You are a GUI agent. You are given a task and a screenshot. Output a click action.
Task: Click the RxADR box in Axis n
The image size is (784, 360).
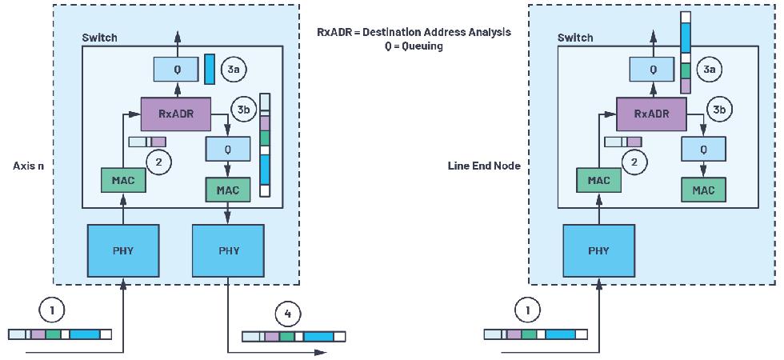177,114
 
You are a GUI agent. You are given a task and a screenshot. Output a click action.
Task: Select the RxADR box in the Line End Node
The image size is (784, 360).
651,114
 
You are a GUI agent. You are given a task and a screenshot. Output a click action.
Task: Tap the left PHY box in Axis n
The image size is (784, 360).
123,250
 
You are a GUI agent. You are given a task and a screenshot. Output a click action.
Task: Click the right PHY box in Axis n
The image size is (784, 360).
229,250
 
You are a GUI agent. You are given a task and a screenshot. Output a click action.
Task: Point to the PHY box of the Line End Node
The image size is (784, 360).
598,250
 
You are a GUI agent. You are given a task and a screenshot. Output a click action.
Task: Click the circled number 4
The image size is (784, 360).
286,310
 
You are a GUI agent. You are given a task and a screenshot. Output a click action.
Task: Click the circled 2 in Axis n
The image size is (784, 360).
158,162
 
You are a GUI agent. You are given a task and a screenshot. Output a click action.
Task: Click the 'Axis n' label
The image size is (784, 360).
28,166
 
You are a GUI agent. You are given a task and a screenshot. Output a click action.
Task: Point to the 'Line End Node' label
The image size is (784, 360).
484,166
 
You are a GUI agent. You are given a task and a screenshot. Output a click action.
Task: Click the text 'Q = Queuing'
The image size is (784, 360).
414,46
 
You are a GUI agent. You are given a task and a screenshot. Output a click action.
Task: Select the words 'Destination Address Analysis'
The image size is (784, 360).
437,33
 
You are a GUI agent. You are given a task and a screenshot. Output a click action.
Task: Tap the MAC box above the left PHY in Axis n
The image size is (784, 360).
123,180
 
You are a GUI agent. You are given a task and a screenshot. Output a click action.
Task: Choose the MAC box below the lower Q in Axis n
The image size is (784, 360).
229,190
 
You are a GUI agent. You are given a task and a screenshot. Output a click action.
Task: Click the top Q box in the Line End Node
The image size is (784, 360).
653,70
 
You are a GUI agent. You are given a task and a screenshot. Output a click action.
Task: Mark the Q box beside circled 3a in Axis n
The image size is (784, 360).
178,70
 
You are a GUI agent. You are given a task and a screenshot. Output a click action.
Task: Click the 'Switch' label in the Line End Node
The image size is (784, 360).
575,38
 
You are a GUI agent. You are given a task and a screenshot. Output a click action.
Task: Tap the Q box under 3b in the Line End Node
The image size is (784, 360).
704,149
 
